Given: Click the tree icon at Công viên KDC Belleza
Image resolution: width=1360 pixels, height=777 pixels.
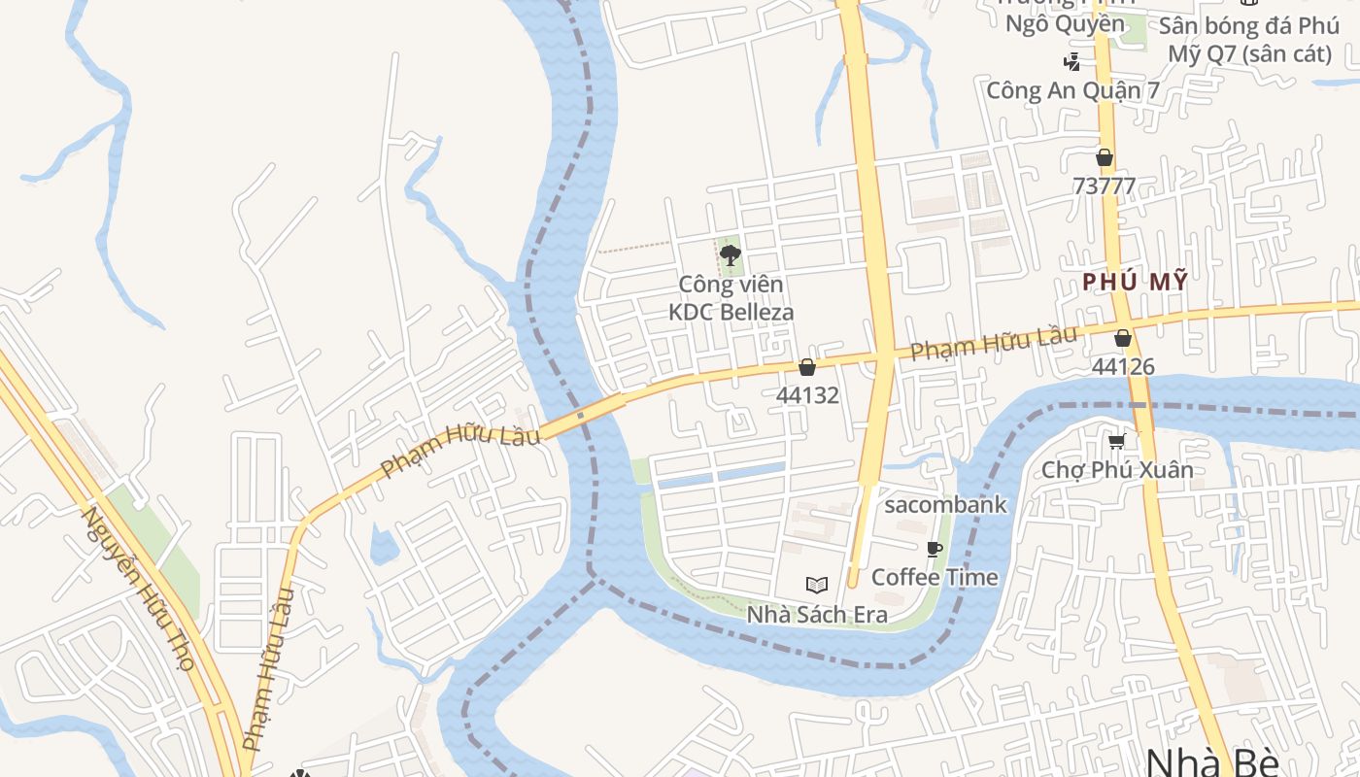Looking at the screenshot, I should click(731, 256).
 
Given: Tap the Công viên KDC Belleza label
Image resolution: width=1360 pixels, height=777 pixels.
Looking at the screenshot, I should click(731, 298).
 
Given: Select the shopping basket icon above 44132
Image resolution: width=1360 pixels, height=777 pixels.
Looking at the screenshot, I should click(806, 367).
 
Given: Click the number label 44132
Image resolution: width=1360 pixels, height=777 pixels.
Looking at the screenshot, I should click(806, 395).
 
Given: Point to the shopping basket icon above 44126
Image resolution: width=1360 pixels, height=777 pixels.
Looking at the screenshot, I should click(1123, 338).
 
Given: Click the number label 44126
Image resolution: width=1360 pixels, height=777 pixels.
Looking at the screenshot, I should click(1123, 366).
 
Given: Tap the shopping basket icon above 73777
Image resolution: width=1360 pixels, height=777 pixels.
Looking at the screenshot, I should click(1105, 157).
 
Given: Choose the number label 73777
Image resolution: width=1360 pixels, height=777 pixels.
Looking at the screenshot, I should click(1105, 186).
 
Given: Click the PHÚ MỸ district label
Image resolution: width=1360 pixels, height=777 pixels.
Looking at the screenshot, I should click(1135, 282).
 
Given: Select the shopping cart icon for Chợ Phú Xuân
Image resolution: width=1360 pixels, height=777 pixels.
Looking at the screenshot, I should click(1117, 442).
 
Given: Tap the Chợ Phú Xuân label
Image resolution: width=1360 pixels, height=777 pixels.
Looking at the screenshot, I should click(1117, 470).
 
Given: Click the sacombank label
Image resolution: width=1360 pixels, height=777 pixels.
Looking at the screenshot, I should click(945, 505).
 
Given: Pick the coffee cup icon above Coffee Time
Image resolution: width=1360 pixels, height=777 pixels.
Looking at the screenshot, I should click(935, 550).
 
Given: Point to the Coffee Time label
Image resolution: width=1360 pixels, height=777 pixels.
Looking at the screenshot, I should click(935, 577).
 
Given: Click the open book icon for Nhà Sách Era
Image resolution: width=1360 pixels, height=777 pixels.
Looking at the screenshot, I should click(817, 586).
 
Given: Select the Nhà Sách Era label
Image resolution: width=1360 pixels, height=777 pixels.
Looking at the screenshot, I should click(817, 615).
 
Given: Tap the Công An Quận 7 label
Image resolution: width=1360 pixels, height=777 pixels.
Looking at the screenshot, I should click(1072, 90).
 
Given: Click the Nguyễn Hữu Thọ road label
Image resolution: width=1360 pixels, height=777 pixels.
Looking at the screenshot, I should click(139, 589).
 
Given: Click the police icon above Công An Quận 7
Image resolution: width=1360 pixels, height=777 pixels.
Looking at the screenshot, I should click(1071, 63).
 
